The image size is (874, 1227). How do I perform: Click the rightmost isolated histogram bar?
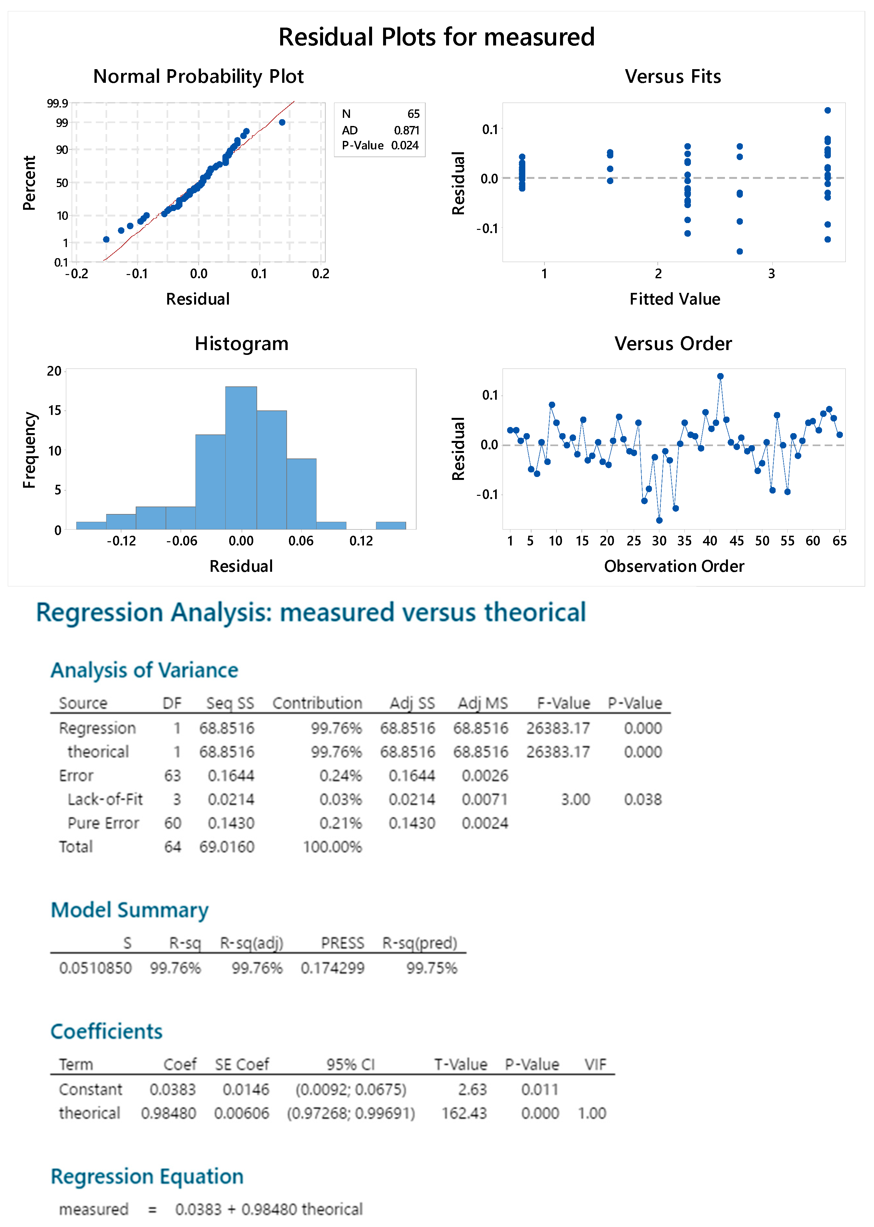[391, 525]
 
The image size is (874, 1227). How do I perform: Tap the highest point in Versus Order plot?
[720, 376]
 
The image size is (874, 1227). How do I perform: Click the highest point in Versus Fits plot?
[827, 110]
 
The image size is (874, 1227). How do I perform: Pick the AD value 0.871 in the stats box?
[406, 130]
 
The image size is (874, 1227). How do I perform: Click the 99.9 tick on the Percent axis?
[57, 103]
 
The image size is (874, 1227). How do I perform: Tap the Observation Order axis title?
[674, 566]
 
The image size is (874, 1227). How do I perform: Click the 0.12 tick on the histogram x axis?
[361, 541]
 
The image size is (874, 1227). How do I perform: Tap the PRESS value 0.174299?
[332, 968]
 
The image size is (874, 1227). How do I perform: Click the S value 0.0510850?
[95, 968]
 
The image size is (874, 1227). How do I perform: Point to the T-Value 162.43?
[464, 1113]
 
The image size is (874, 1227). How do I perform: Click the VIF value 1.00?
[592, 1113]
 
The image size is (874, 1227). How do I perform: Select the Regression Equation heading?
[147, 1176]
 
